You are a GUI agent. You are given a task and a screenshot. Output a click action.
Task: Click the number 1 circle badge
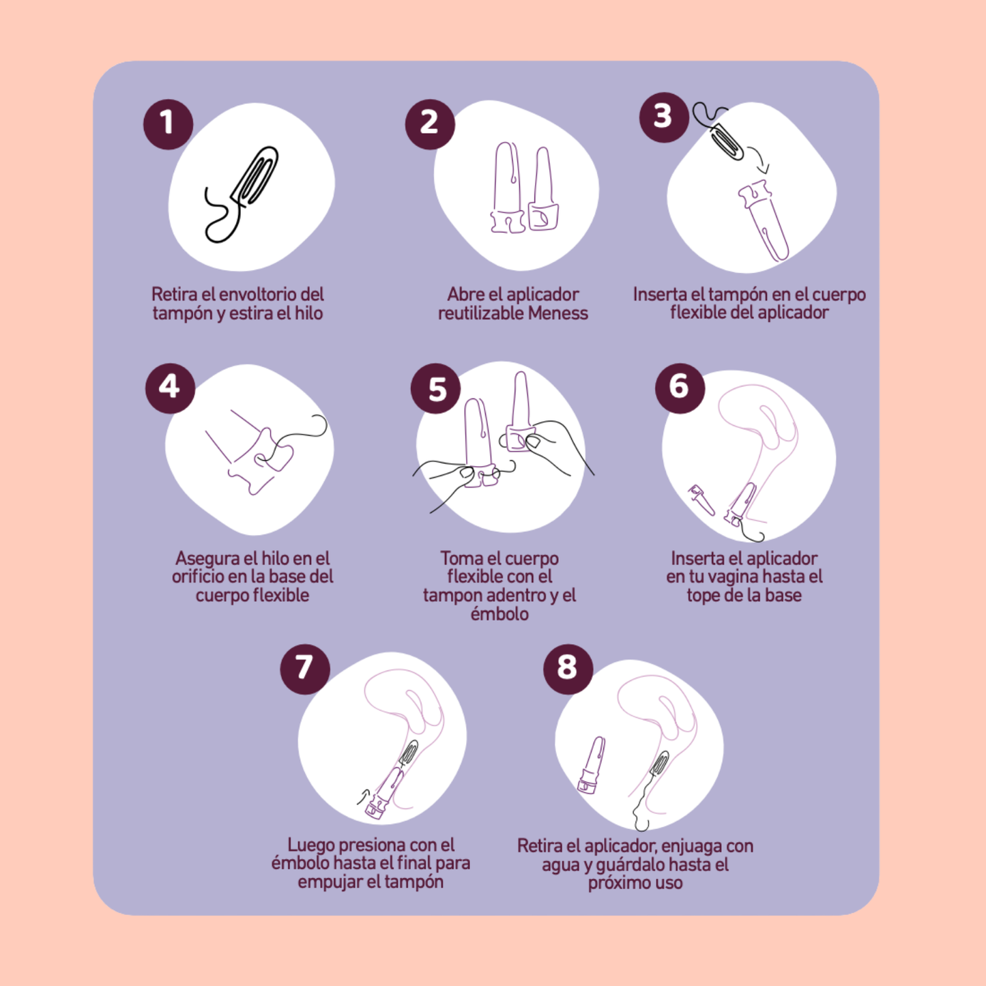168,124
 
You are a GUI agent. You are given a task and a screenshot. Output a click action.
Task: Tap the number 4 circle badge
170,388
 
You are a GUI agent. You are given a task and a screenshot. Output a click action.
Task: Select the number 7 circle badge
305,669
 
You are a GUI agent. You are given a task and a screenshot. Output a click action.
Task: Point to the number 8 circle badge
568,669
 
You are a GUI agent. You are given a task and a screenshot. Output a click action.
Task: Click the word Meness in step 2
557,313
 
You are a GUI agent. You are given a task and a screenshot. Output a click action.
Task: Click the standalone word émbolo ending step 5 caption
499,613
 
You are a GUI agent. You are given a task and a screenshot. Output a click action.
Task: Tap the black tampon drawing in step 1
242,194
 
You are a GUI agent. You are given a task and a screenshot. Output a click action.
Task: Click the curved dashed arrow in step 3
759,160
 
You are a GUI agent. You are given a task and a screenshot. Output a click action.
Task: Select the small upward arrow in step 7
363,796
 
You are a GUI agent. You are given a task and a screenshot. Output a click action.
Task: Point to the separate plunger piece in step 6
701,499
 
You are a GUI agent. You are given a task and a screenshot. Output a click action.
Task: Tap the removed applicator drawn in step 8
592,766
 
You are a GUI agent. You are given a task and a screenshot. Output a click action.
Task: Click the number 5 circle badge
436,388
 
